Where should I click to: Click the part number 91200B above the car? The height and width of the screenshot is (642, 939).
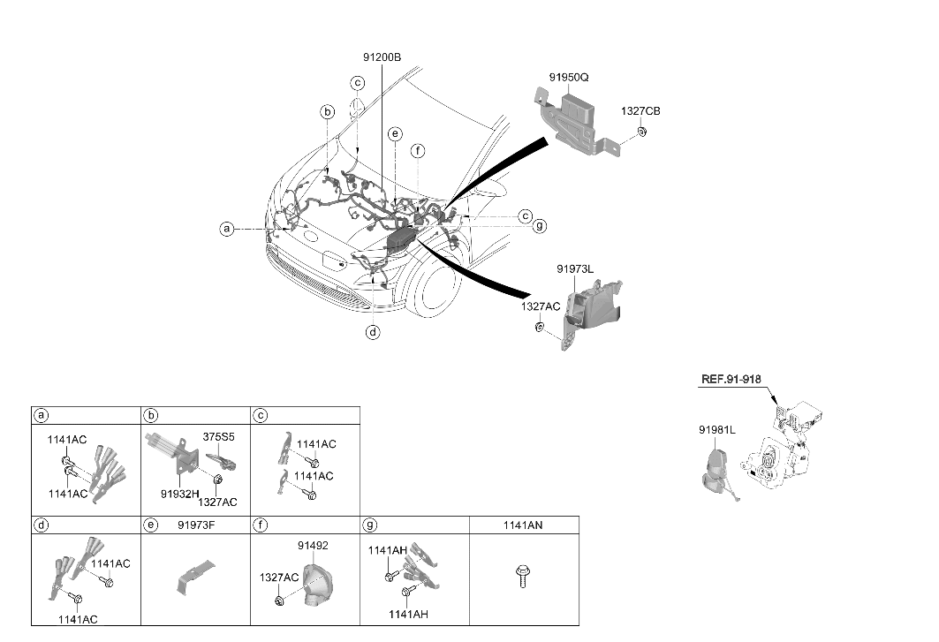pos(382,57)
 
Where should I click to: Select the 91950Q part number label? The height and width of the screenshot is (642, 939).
pos(569,77)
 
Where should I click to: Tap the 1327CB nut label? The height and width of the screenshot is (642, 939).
pos(640,110)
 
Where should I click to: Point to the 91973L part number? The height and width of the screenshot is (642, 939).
pos(575,268)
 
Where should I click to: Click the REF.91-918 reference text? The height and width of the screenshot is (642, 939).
pos(731,379)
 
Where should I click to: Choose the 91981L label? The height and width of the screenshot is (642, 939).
pos(717,429)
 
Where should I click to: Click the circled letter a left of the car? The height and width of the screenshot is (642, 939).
pos(226,229)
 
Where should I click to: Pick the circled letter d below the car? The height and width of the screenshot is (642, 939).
pos(373,332)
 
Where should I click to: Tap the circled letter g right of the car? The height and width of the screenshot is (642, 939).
pos(540,226)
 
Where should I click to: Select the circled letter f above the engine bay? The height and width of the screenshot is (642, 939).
pos(418,151)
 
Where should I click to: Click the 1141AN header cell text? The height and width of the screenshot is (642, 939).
pos(523,525)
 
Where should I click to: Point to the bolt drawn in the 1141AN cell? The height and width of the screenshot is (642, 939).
pos(523,576)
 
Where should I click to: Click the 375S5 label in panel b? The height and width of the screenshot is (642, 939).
pos(218,436)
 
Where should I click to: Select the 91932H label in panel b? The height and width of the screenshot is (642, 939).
pos(179,494)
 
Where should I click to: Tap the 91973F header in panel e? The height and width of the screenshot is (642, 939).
pos(196,525)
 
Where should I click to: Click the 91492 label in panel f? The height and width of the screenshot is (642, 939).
pos(313,546)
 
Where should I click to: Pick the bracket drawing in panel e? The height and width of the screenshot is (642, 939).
pos(195,576)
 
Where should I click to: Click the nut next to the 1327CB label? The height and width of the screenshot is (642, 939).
pos(641,132)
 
